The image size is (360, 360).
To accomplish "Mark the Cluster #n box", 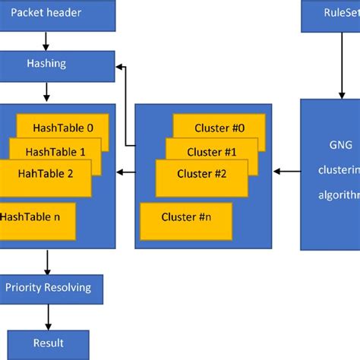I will [187, 217].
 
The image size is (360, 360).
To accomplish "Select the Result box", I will [49, 343].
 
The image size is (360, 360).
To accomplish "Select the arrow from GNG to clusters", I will [287, 172].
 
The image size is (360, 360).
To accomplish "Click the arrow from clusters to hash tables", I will [125, 172].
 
